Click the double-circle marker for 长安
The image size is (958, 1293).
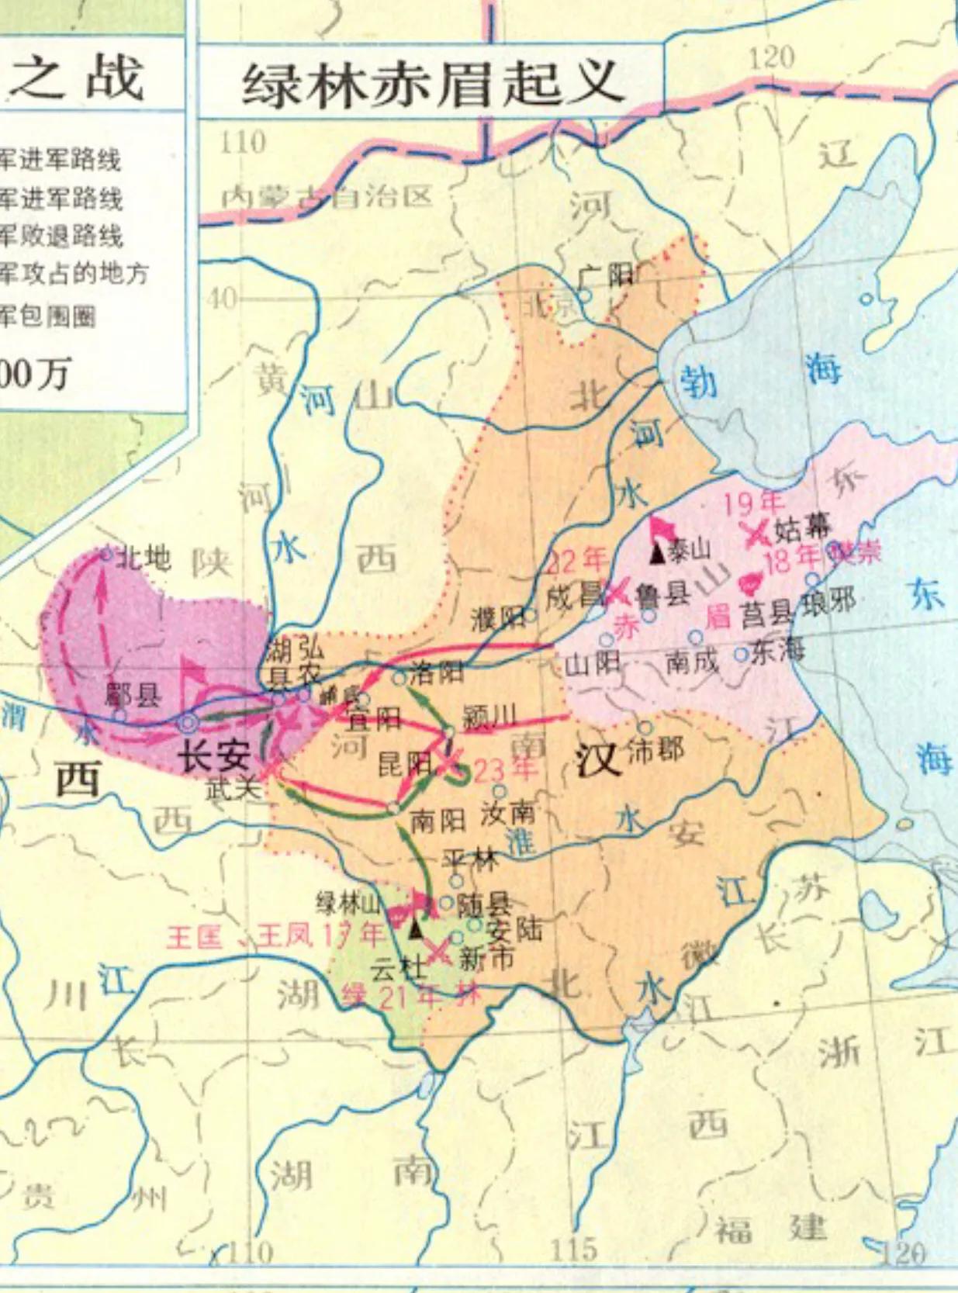click(x=187, y=724)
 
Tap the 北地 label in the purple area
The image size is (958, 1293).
click(x=142, y=558)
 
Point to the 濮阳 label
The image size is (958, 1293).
click(x=496, y=618)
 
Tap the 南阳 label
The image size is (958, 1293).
click(x=437, y=821)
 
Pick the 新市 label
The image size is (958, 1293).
click(x=486, y=959)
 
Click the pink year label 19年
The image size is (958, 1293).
click(x=752, y=504)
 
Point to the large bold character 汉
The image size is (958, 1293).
click(x=599, y=759)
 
